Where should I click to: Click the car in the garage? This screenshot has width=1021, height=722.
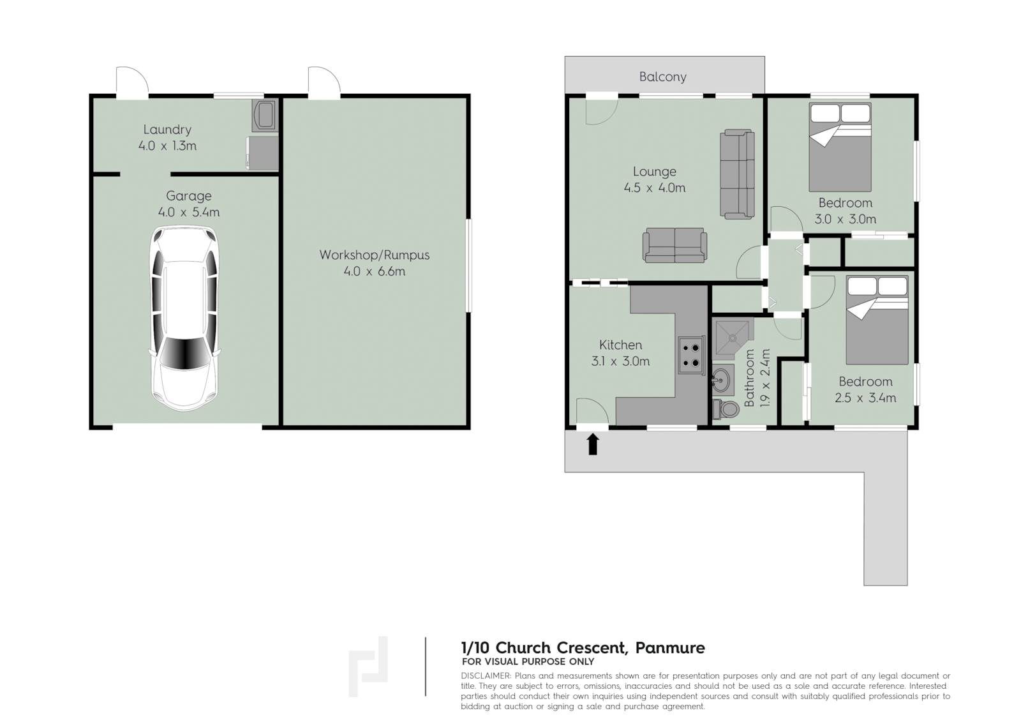(x=184, y=319)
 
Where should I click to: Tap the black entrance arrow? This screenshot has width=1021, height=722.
(x=593, y=444)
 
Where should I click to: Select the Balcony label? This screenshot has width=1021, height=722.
(x=663, y=77)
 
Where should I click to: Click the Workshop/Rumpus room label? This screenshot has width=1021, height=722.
(x=374, y=255)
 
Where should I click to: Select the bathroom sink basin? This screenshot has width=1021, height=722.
(x=722, y=379)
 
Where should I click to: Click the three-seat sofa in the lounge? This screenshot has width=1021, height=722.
(x=737, y=174)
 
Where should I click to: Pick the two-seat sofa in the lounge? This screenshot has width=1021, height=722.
(x=674, y=245)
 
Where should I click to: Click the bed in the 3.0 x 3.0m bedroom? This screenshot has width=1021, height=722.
(x=840, y=147)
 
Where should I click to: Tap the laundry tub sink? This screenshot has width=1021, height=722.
(x=265, y=116)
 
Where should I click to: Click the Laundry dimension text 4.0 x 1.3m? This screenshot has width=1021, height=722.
(x=167, y=146)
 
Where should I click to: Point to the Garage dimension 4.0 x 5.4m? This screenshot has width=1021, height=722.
(x=189, y=212)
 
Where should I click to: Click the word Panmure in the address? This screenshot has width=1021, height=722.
(x=670, y=648)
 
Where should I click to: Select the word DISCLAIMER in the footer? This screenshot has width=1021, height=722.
(x=486, y=675)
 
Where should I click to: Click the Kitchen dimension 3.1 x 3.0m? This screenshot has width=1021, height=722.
(x=620, y=361)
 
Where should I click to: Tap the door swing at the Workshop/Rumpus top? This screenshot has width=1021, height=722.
(x=324, y=82)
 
